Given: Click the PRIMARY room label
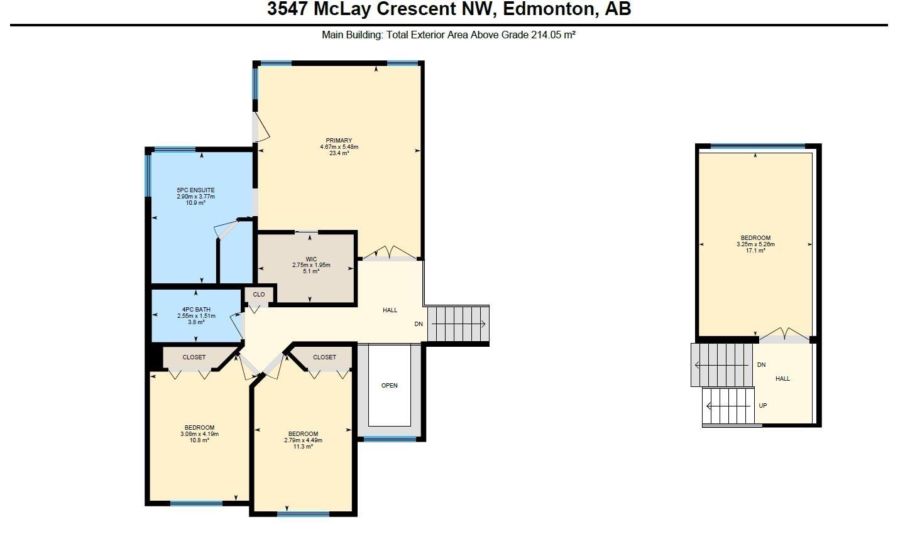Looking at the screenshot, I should click(x=339, y=141).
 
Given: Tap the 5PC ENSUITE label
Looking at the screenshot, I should click(x=195, y=190).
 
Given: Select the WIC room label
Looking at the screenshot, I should click(x=311, y=259).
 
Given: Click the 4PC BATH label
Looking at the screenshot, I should click(x=196, y=309).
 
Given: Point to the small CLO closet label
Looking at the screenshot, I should click(x=259, y=294).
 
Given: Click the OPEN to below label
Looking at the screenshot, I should click(x=390, y=385).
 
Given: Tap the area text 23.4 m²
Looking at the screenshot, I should click(x=339, y=153).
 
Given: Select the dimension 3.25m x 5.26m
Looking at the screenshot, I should click(x=755, y=244).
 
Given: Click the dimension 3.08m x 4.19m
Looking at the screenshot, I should click(x=199, y=434).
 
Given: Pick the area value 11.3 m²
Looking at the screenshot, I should click(x=303, y=447).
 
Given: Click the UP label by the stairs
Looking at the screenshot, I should click(x=762, y=405).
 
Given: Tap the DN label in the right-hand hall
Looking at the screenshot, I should click(x=761, y=365).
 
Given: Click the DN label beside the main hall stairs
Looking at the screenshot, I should click(x=419, y=324).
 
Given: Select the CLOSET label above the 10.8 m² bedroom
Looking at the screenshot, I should click(x=194, y=357).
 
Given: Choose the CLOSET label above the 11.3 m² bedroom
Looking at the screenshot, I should click(x=324, y=357).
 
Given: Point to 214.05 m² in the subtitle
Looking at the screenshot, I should click(x=553, y=35).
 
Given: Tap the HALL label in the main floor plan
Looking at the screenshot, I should click(x=390, y=310).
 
